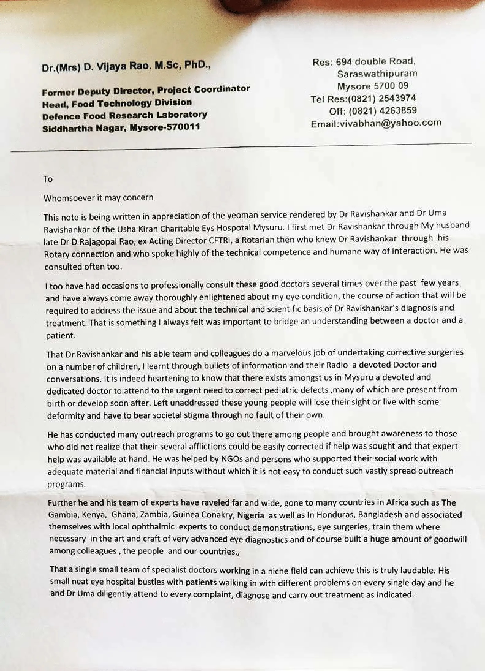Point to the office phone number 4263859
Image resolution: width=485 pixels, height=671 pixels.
point(398,111)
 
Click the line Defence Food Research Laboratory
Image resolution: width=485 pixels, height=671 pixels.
point(124,116)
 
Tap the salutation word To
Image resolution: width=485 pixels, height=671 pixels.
point(48,179)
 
